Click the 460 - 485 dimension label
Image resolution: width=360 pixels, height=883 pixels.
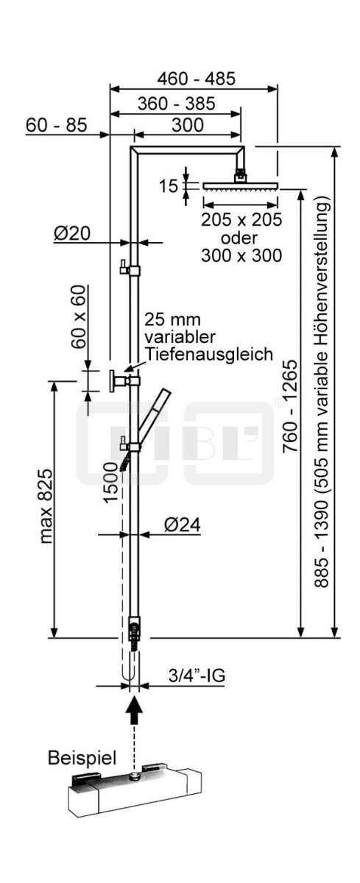click(x=196, y=79)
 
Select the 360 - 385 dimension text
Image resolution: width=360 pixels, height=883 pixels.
click(x=176, y=103)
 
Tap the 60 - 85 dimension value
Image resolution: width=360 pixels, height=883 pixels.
click(x=56, y=125)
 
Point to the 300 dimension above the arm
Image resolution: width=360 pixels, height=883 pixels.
click(x=188, y=125)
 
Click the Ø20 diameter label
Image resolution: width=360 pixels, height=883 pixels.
click(x=72, y=234)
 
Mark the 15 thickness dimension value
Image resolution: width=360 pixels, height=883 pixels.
click(x=168, y=186)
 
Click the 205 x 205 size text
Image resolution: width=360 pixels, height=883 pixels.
click(x=241, y=219)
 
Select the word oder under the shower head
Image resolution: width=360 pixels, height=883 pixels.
click(x=239, y=238)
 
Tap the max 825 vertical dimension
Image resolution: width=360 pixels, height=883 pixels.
click(x=46, y=506)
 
